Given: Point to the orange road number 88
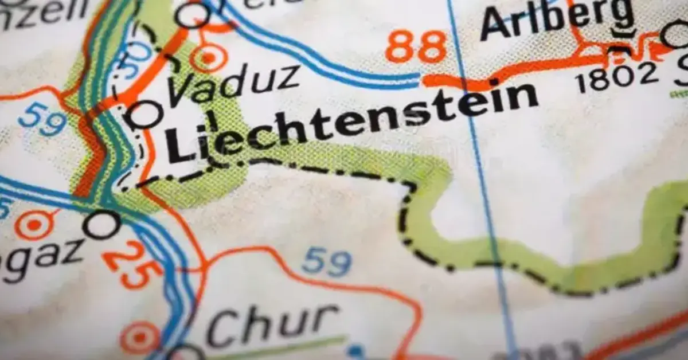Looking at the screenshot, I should [x=415, y=47].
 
